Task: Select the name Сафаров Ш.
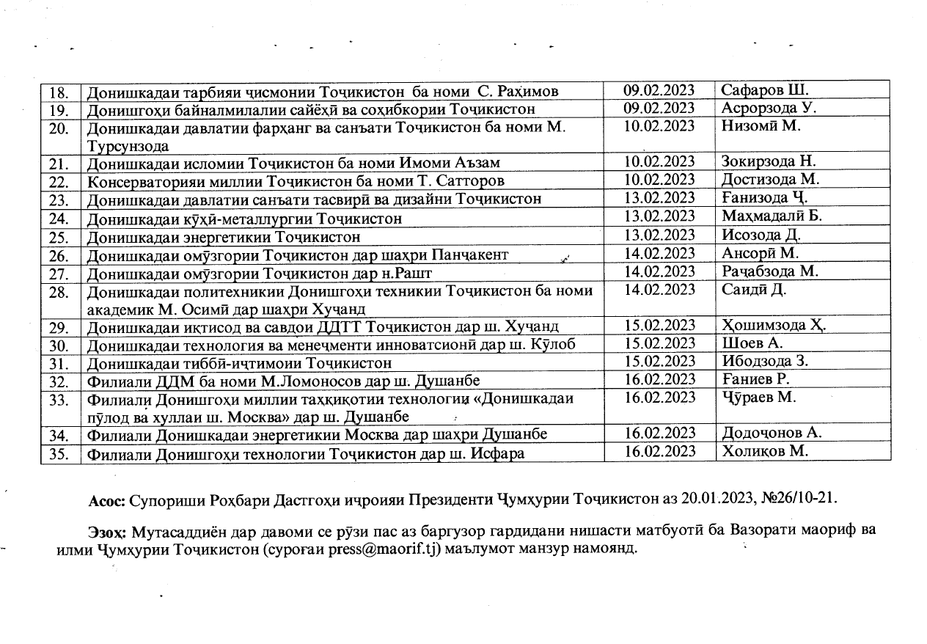tap(764, 91)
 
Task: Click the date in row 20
tap(659, 126)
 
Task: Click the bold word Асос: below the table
tap(106, 501)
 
